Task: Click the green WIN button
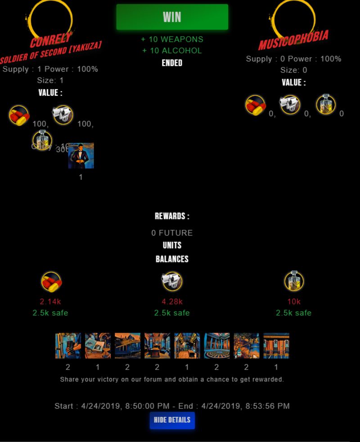(172, 17)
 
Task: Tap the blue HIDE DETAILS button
(172, 420)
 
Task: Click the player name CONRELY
(51, 42)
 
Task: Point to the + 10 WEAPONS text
(172, 40)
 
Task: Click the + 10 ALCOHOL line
(172, 51)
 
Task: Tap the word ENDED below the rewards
(172, 63)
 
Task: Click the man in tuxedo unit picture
(81, 156)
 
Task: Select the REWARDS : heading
(172, 216)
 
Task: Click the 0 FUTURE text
(172, 233)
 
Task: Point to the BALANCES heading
(172, 259)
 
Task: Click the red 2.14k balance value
(50, 302)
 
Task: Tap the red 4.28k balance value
(172, 302)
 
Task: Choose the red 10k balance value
(294, 302)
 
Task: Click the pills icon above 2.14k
(51, 282)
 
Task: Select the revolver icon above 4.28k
(172, 281)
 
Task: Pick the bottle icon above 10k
(294, 281)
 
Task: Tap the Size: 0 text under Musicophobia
(293, 70)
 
